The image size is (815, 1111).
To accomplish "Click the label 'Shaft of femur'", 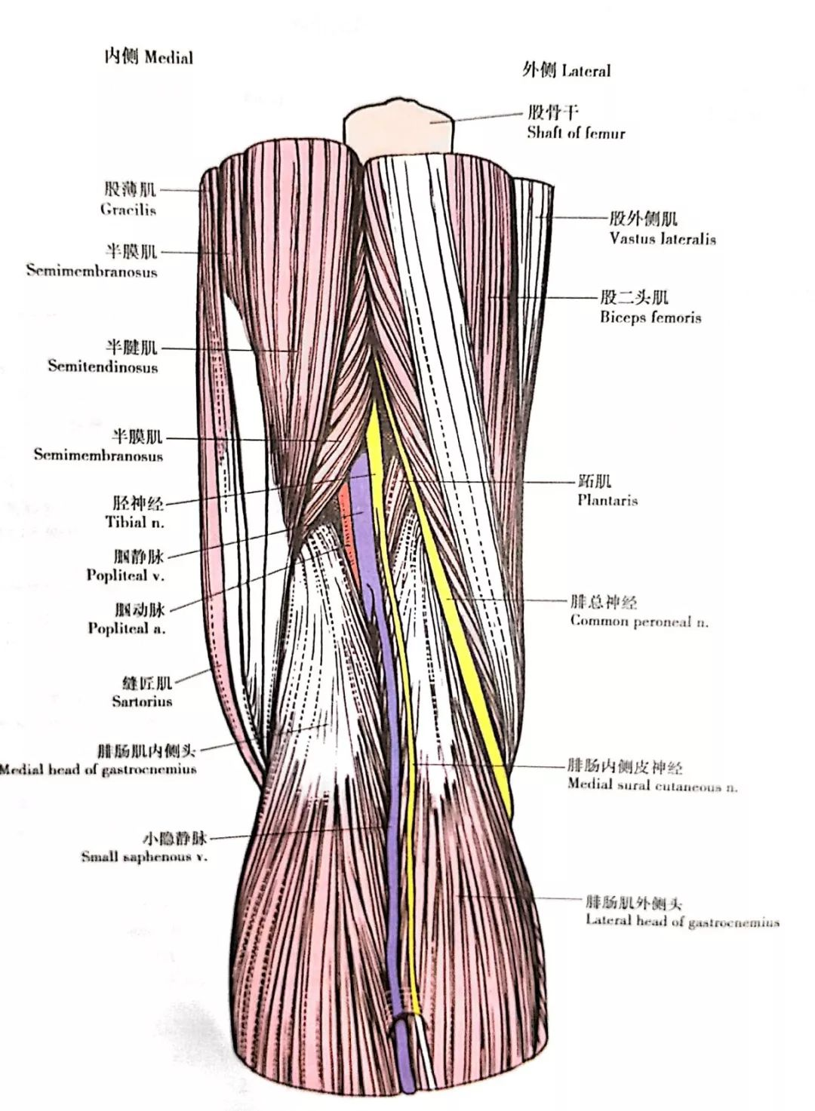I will (576, 133).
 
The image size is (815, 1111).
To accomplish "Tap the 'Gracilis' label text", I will (128, 209).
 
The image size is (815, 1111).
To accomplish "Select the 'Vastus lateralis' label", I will (663, 238).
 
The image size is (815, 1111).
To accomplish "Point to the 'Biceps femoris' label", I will (650, 317).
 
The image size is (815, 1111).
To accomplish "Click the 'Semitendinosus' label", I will (103, 367).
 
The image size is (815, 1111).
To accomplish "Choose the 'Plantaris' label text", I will (607, 499).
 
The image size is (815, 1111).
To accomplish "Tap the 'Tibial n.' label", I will (135, 521).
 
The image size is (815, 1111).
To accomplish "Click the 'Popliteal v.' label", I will (125, 575).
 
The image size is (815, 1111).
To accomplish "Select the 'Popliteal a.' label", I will (127, 628).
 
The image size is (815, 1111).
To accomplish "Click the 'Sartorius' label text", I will (142, 701).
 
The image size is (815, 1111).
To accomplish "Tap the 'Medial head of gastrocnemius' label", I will (98, 769).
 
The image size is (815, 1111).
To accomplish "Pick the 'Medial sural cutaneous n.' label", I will (652, 786).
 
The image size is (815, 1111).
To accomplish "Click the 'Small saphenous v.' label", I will (144, 856).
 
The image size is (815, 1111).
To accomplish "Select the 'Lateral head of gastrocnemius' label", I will (682, 920).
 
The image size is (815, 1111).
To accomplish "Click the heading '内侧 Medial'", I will (149, 57).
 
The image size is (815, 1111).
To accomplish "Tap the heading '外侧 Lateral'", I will (566, 70).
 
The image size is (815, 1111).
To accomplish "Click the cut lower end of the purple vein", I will (406, 1083).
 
